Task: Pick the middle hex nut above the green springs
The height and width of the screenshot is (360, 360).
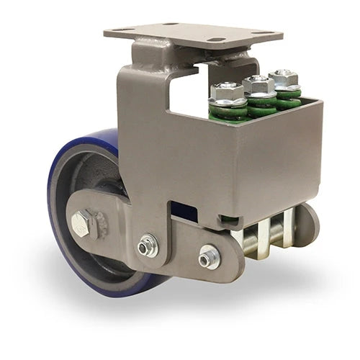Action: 258,84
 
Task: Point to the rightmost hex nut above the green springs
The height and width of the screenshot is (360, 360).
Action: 284,77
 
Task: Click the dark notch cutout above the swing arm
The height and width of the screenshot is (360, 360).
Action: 184,213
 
